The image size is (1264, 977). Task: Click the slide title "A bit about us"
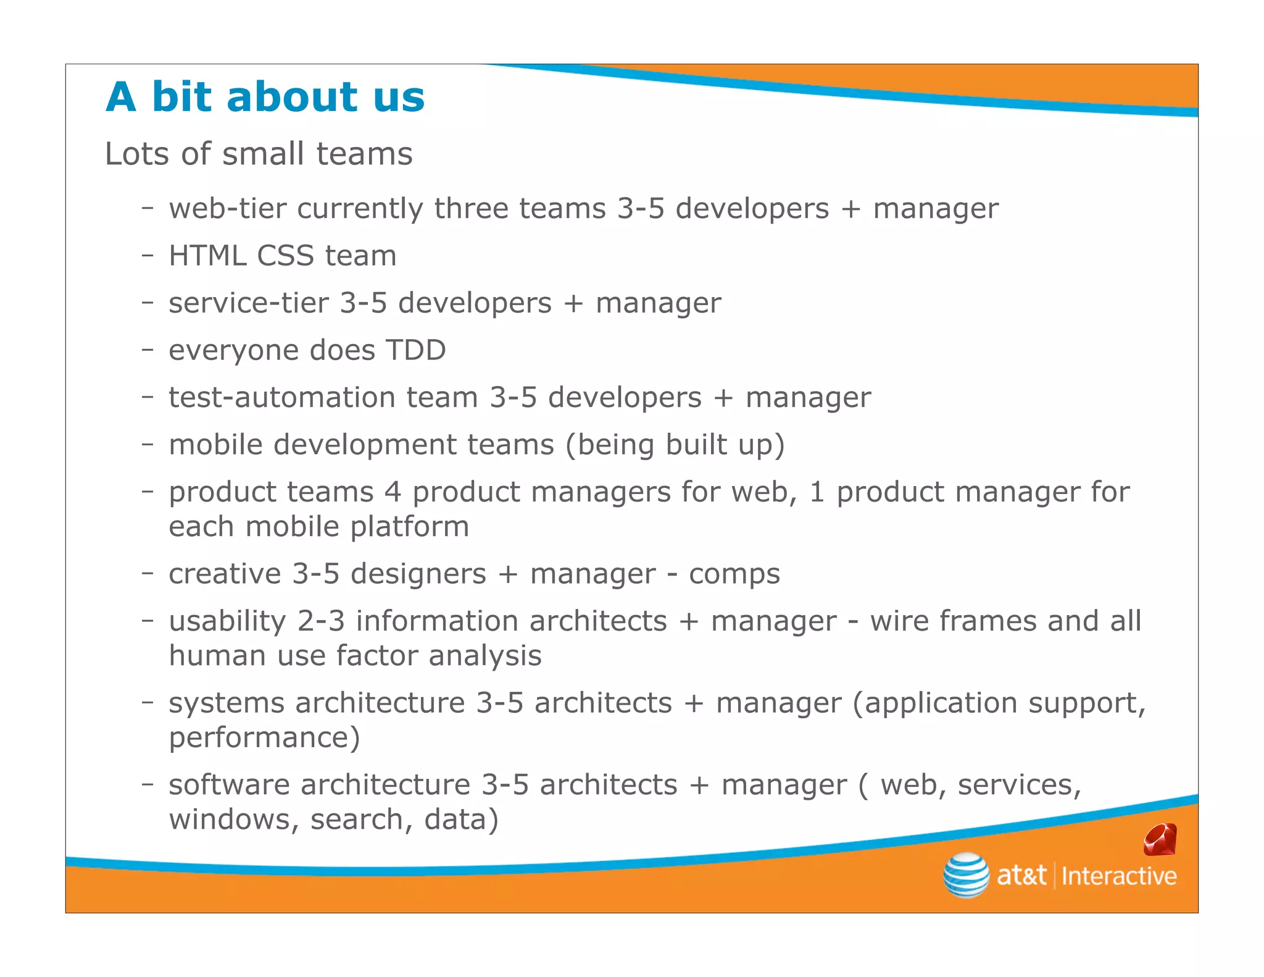click(x=265, y=98)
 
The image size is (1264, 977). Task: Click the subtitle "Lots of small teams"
click(x=259, y=154)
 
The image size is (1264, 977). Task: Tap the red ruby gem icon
click(x=1160, y=840)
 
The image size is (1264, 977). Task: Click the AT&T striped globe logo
click(x=966, y=874)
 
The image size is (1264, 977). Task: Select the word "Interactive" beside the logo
click(x=1118, y=876)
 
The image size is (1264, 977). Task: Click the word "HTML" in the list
click(x=207, y=256)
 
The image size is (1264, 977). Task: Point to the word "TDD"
click(x=415, y=350)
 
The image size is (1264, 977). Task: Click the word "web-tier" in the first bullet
click(x=227, y=209)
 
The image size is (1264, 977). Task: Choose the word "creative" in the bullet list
click(x=225, y=574)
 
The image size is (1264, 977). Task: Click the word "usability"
click(x=227, y=622)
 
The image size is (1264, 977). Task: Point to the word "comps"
click(x=734, y=575)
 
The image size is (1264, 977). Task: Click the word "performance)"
click(x=264, y=738)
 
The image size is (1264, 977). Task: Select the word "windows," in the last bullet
click(x=234, y=820)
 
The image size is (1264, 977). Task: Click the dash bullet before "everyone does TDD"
click(x=147, y=350)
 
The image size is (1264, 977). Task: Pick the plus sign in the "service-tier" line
click(x=573, y=304)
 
